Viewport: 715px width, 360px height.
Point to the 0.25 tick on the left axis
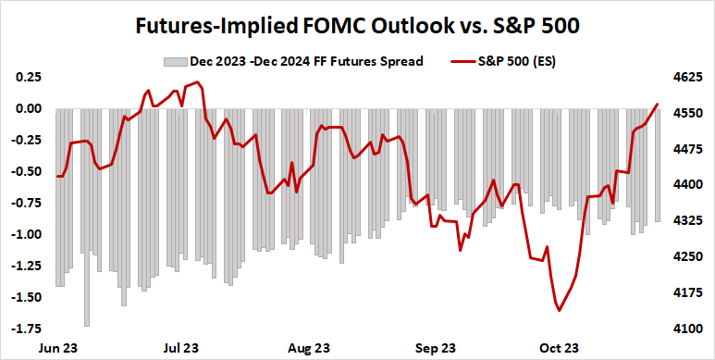click(27, 76)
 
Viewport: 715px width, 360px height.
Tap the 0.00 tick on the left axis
click(27, 108)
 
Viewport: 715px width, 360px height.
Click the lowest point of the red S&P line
click(559, 311)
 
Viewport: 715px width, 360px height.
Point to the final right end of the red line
click(658, 105)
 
